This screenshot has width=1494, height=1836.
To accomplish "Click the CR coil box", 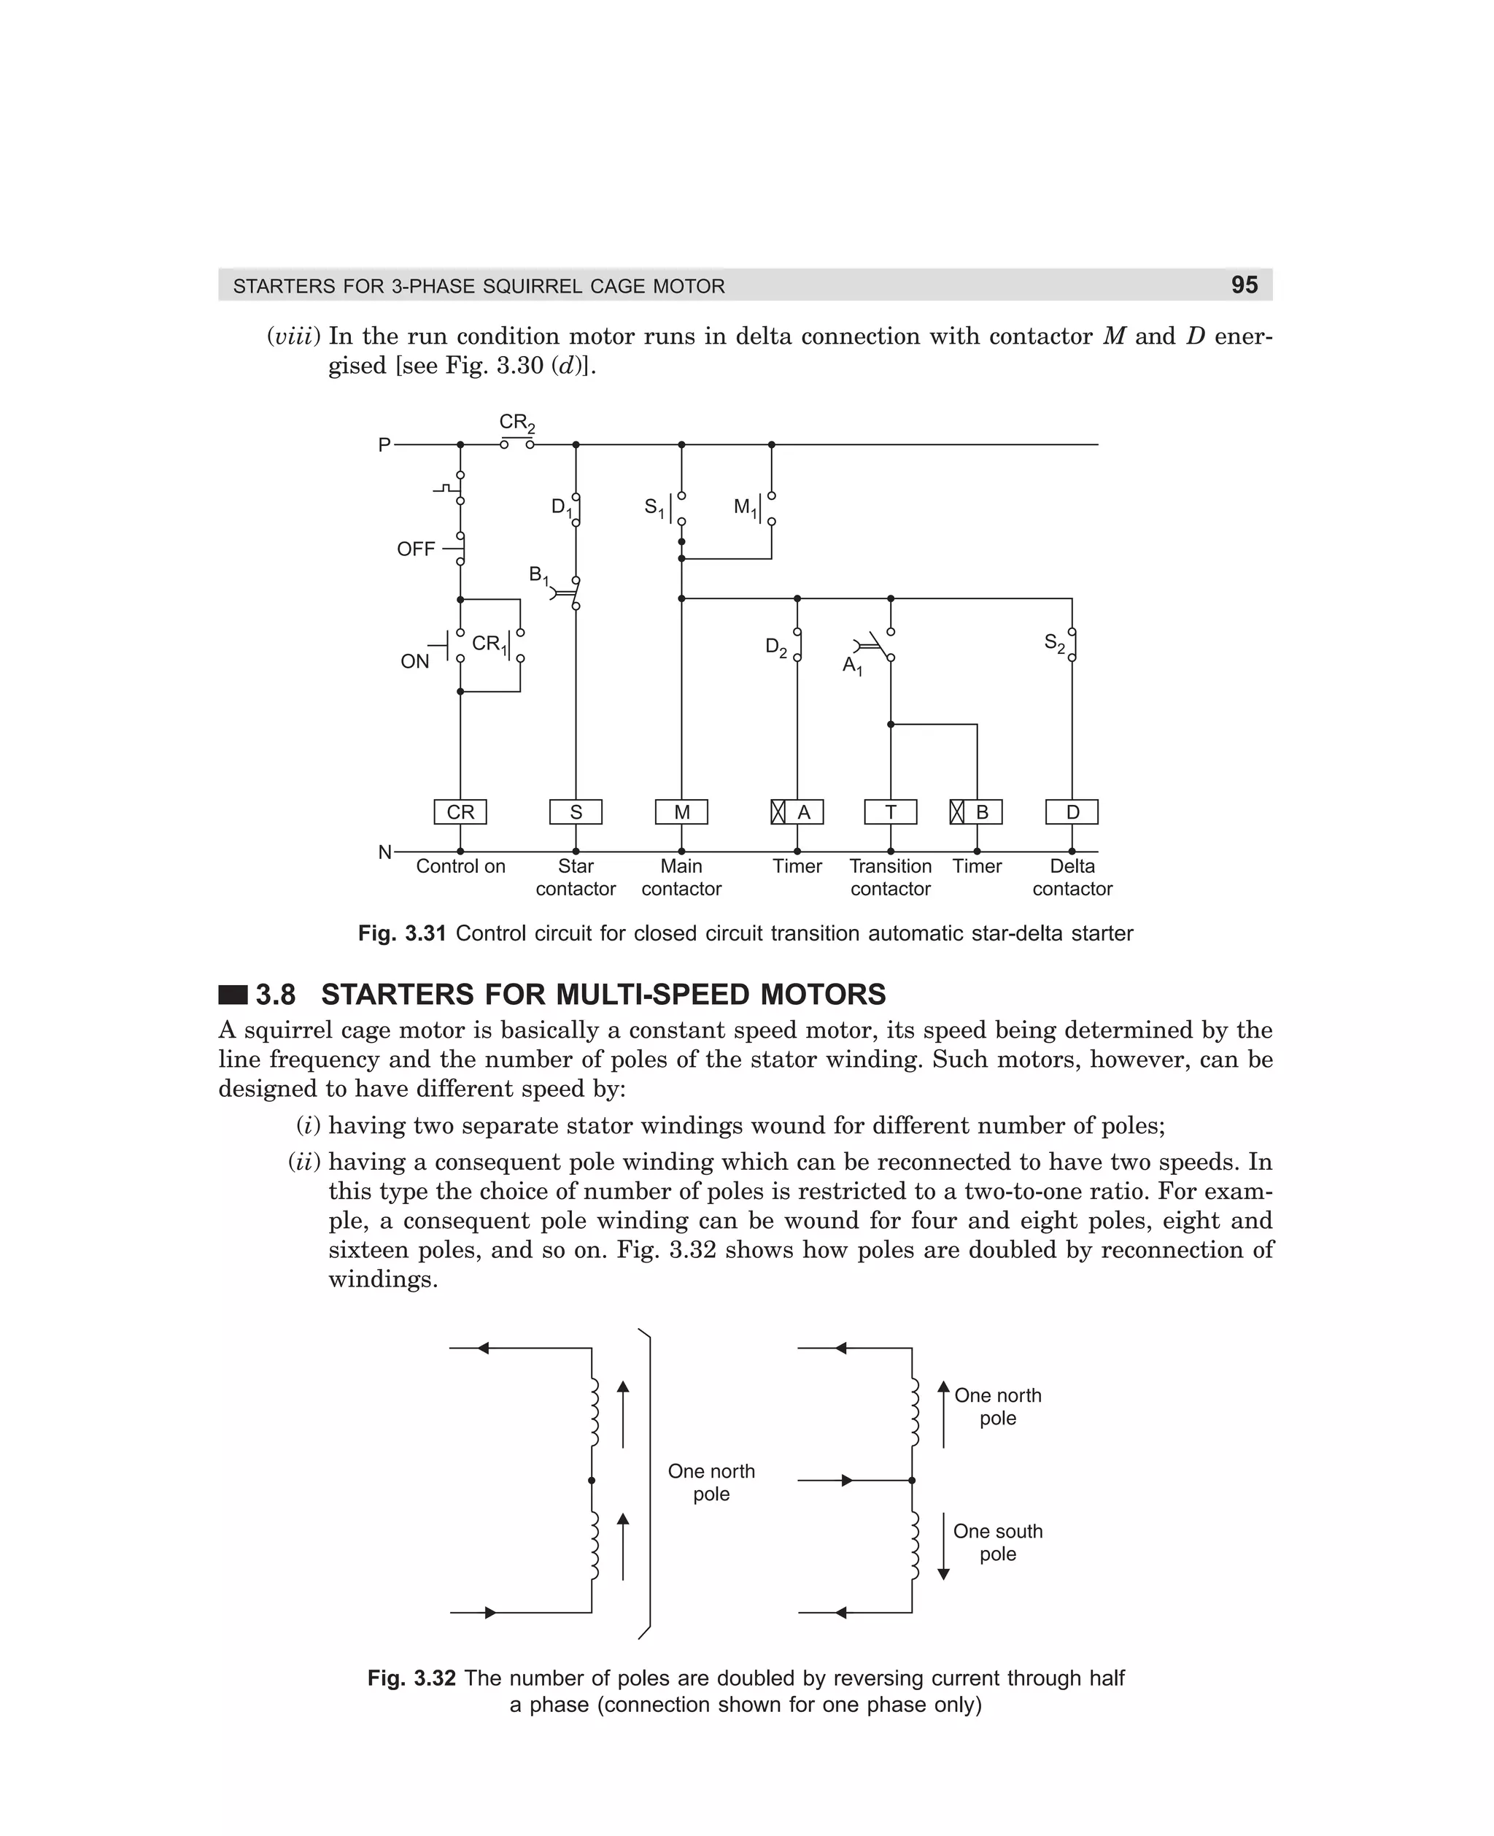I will click(x=460, y=811).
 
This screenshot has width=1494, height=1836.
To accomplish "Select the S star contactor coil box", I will click(x=576, y=811).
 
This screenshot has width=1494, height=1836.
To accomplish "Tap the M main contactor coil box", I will click(x=681, y=811).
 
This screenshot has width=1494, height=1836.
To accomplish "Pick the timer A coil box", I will click(x=798, y=811).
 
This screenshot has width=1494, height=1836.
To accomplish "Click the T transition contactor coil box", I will click(x=891, y=811).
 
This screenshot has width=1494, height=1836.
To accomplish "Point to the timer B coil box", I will click(x=977, y=811).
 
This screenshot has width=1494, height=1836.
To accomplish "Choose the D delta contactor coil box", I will click(x=1072, y=811).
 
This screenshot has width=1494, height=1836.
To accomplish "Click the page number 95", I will click(x=1245, y=285).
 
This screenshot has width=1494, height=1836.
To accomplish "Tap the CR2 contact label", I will click(x=517, y=423).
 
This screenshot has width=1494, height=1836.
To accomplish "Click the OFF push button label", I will click(x=416, y=549).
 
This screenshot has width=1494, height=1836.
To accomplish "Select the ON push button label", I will click(x=415, y=661).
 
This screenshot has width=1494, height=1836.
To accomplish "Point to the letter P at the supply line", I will click(x=384, y=445).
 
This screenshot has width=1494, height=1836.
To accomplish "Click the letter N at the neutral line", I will click(x=384, y=852).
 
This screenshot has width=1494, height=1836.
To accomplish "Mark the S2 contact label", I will click(x=1054, y=642).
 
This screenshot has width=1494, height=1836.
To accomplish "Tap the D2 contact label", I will click(x=775, y=647).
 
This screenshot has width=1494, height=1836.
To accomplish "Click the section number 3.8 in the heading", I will click(x=276, y=995).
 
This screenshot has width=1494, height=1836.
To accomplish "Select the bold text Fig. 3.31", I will click(x=402, y=934).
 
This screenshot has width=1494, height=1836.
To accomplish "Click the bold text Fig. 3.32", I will click(x=411, y=1678).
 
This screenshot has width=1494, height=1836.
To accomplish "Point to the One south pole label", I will click(x=997, y=1543).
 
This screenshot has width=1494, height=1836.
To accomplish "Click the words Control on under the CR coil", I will click(x=460, y=866).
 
